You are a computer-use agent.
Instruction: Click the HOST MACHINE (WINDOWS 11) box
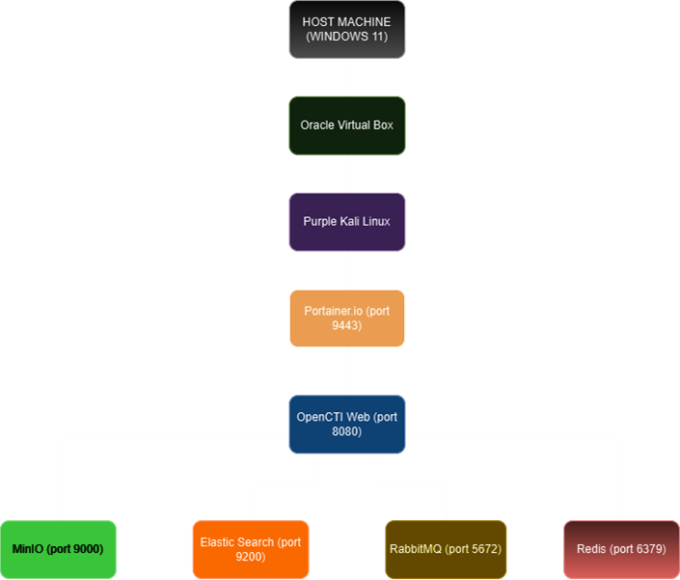click(x=347, y=29)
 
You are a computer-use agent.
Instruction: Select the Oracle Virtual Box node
click(x=347, y=125)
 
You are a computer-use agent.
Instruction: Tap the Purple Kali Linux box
click(x=347, y=221)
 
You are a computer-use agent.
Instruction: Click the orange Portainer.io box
click(x=347, y=318)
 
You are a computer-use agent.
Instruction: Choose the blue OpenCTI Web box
click(x=347, y=424)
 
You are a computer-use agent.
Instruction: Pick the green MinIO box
click(x=58, y=549)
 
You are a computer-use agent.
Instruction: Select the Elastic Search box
click(x=251, y=549)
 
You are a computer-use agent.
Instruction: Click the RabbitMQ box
click(x=445, y=549)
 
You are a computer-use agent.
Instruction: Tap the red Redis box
click(x=621, y=549)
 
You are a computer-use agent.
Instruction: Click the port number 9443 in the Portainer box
click(x=347, y=325)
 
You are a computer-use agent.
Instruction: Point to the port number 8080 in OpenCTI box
click(x=347, y=431)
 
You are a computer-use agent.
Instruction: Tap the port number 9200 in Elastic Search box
click(x=251, y=557)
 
